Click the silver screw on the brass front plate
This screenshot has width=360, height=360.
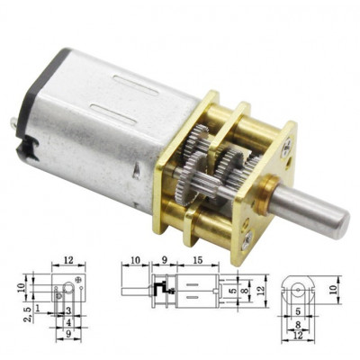coord(249,239)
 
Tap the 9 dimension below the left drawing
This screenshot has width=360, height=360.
coord(68,335)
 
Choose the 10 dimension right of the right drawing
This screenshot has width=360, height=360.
coord(334,290)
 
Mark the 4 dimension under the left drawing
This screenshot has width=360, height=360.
coord(68,322)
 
